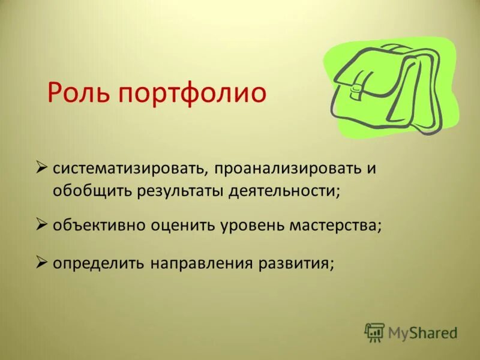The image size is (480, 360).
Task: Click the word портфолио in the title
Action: (x=191, y=94)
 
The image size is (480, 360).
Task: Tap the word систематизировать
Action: (x=130, y=168)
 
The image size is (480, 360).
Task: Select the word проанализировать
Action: (x=284, y=168)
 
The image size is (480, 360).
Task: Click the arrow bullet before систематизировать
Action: (x=42, y=166)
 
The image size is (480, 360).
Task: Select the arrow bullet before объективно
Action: (x=42, y=225)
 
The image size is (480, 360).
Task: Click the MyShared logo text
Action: (x=422, y=333)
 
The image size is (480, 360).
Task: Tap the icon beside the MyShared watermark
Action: (x=374, y=332)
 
